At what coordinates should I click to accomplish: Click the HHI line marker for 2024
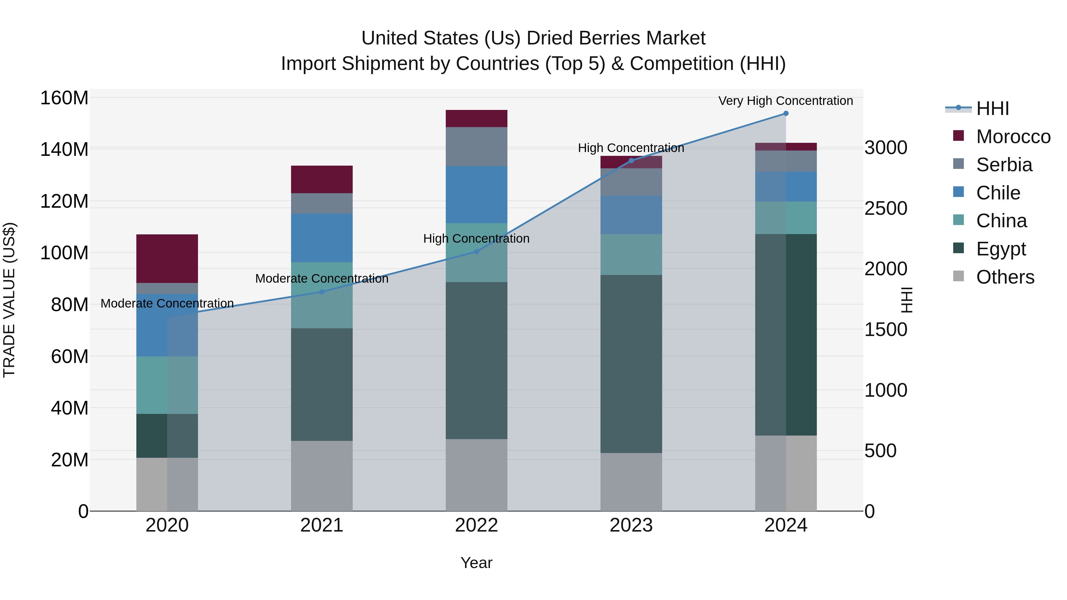point(786,113)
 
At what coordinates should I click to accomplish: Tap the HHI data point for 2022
point(476,251)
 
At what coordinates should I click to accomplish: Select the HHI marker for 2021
point(322,292)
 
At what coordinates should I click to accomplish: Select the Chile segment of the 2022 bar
point(476,195)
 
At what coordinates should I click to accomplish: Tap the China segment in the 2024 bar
point(786,218)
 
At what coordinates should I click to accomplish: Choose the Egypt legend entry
point(1000,249)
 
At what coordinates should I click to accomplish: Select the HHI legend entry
point(992,108)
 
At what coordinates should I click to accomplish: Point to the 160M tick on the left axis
point(64,98)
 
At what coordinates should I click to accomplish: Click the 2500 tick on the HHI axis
point(886,208)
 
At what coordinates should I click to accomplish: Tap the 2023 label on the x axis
point(631,525)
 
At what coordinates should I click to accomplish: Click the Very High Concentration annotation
point(785,101)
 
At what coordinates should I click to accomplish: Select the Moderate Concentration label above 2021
point(322,279)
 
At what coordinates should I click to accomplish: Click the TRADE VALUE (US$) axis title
point(9,300)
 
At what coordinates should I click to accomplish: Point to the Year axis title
point(476,563)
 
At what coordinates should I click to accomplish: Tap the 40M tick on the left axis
point(70,408)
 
